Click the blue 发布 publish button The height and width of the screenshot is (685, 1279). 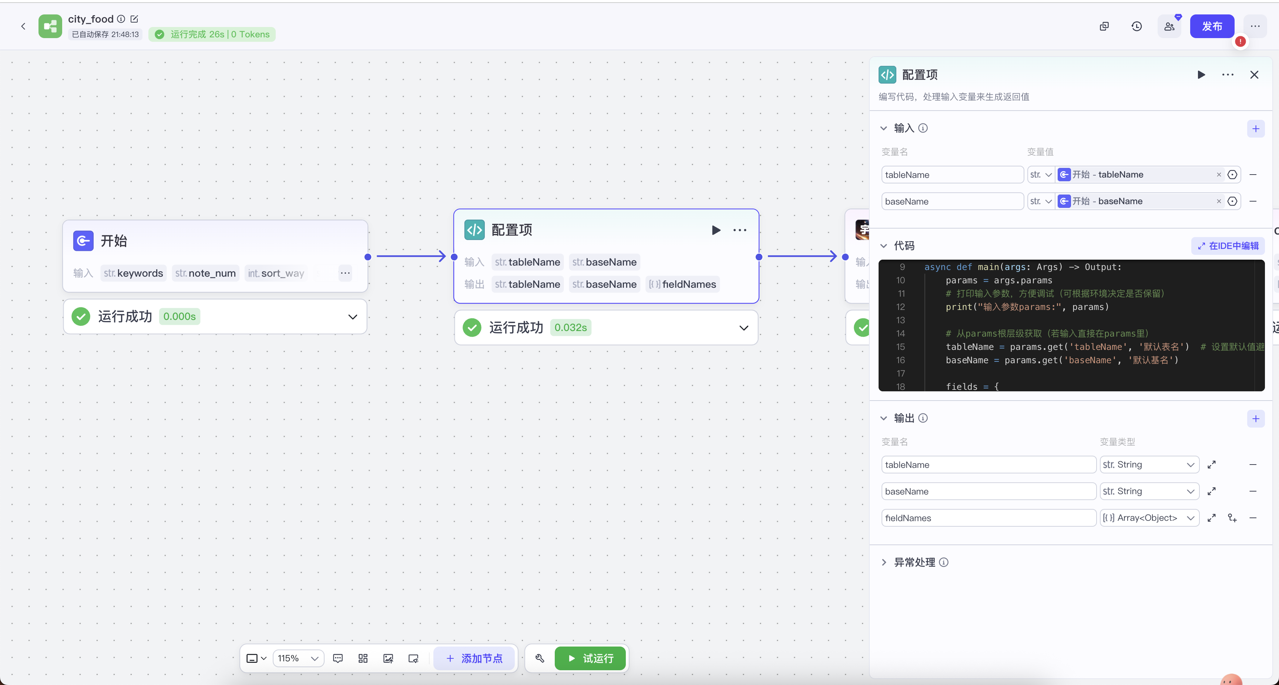(x=1212, y=26)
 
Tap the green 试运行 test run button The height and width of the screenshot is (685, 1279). (x=590, y=658)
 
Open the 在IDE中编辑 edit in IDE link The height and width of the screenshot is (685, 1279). (x=1228, y=246)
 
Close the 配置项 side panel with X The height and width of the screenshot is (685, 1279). (x=1254, y=75)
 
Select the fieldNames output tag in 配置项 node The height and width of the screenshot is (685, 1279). (x=683, y=284)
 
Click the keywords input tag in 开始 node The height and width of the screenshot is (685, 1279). (x=134, y=273)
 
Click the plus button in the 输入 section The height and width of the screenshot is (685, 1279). (x=1256, y=129)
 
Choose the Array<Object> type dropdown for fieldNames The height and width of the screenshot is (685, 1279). (x=1149, y=518)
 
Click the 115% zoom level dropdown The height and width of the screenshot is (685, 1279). (x=298, y=658)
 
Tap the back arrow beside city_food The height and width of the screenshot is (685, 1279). (x=23, y=26)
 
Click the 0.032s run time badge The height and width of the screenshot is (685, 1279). (x=571, y=328)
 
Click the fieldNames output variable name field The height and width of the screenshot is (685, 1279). (x=988, y=518)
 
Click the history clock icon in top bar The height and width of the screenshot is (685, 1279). (x=1137, y=26)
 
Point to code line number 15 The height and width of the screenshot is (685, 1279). (x=901, y=347)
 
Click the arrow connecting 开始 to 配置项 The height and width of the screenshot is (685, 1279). (x=411, y=256)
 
